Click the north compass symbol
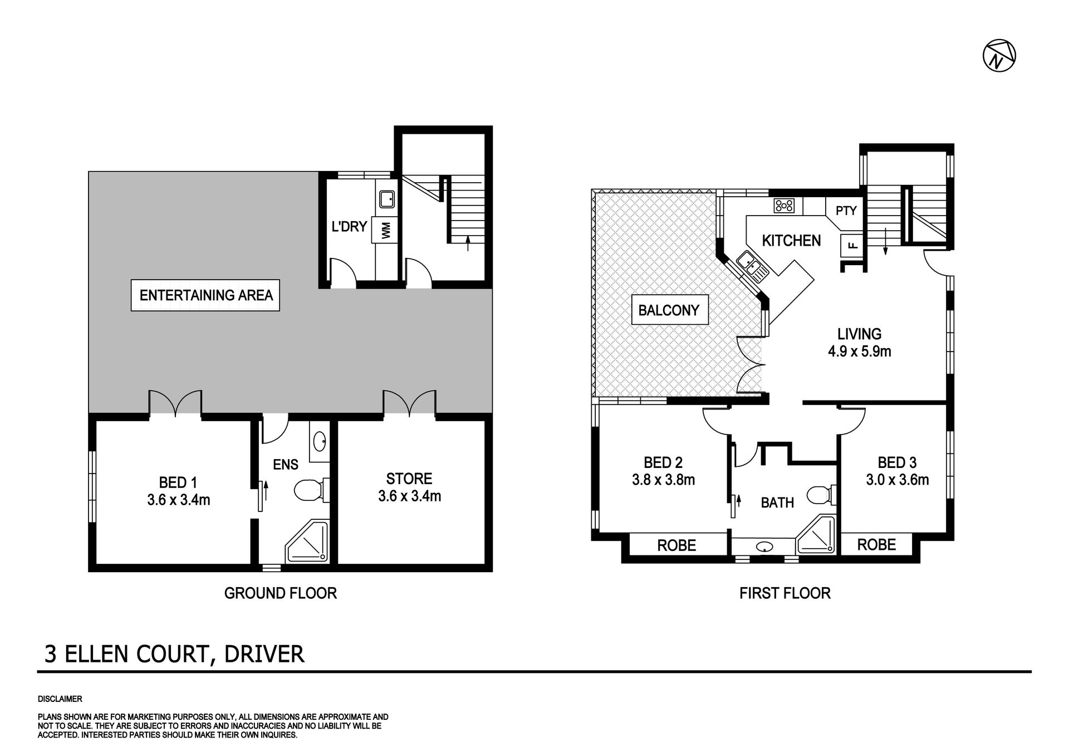pyautogui.click(x=999, y=56)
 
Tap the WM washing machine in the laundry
pyautogui.click(x=385, y=230)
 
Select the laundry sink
pyautogui.click(x=387, y=198)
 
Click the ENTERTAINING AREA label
pyautogui.click(x=205, y=295)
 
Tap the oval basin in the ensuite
pyautogui.click(x=320, y=442)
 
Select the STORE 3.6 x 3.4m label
pyautogui.click(x=409, y=487)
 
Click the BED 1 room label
pyautogui.click(x=178, y=491)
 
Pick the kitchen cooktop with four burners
pyautogui.click(x=784, y=206)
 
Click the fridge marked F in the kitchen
pyautogui.click(x=851, y=244)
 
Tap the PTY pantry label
pyautogui.click(x=846, y=211)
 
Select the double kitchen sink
pyautogui.click(x=752, y=266)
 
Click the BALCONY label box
pyautogui.click(x=670, y=310)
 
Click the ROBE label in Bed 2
pyautogui.click(x=676, y=545)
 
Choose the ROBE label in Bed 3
pyautogui.click(x=876, y=544)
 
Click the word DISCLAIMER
pyautogui.click(x=60, y=699)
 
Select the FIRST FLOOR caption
pyautogui.click(x=784, y=593)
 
